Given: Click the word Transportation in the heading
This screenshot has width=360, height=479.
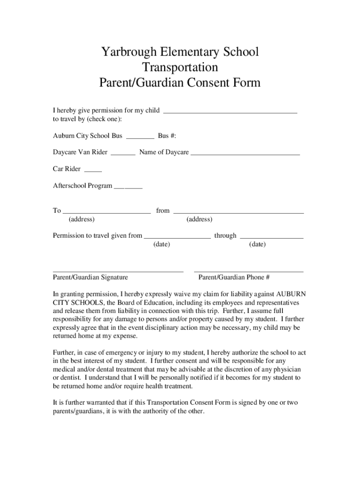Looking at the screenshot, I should pos(180,67).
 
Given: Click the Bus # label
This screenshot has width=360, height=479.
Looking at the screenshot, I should pos(167,136).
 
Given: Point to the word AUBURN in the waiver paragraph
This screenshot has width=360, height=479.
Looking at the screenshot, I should pos(291,294).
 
